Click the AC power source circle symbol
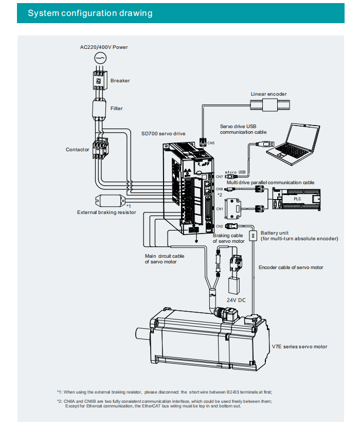click(100, 58)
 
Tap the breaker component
click(100, 80)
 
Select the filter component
click(99, 109)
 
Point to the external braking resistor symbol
click(110, 201)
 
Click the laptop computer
click(293, 144)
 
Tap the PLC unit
click(296, 199)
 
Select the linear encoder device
click(270, 105)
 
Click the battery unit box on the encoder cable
click(253, 236)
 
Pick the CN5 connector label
click(211, 143)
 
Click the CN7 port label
click(220, 177)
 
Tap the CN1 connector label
click(220, 209)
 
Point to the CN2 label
click(220, 226)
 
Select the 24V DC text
click(236, 300)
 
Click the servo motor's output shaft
click(142, 333)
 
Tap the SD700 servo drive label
click(164, 134)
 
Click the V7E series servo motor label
click(299, 347)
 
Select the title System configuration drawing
click(90, 13)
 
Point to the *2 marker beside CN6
click(220, 194)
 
